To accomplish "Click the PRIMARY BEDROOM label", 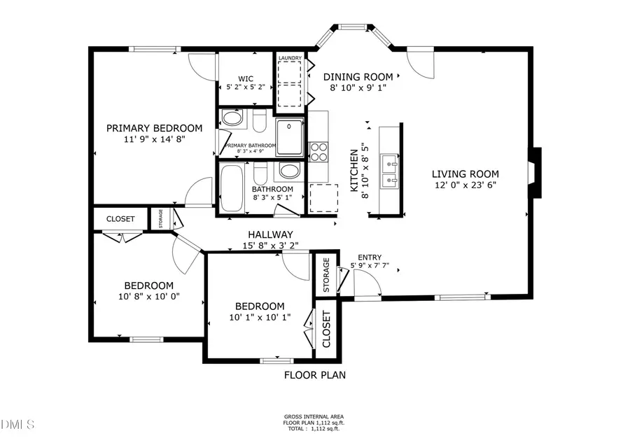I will [x=154, y=128].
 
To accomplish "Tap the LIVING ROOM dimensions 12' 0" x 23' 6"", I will [x=465, y=185].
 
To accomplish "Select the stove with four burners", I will [x=318, y=151].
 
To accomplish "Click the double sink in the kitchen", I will [x=389, y=172].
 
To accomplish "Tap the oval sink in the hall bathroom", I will [x=288, y=171].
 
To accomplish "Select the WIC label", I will [x=245, y=78].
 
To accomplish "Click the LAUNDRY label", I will [x=290, y=58].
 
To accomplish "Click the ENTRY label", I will [x=370, y=257].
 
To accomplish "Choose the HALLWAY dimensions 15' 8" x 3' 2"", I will [x=270, y=246].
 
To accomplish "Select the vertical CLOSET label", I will [x=326, y=330].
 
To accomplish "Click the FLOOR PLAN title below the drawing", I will [x=314, y=375].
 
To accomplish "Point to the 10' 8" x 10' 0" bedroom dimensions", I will [x=148, y=296].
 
